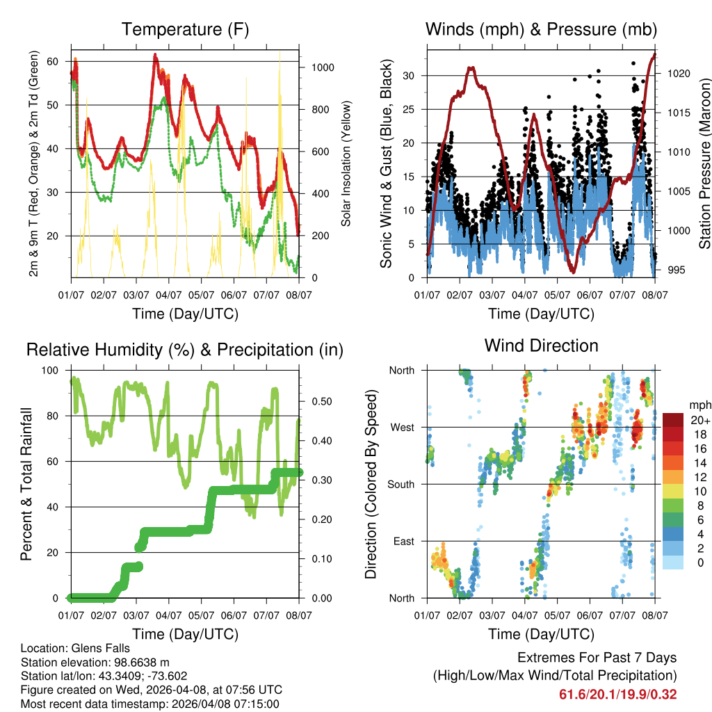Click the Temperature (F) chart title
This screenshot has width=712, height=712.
[185, 29]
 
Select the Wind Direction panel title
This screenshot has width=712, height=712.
[541, 346]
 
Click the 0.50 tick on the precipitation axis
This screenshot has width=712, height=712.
[317, 401]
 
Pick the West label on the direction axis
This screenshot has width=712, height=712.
[402, 427]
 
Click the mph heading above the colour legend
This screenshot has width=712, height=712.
[699, 405]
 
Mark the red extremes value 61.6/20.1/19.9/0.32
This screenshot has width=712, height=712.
[617, 694]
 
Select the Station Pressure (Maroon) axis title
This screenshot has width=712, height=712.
[704, 163]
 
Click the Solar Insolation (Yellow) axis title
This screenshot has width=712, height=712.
[346, 163]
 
